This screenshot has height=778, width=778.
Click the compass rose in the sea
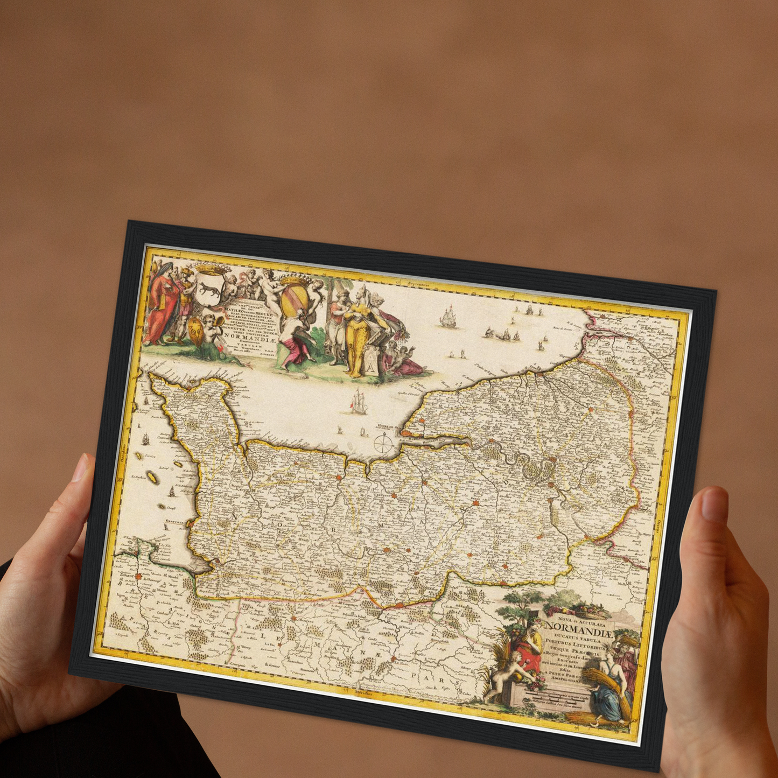(383, 444)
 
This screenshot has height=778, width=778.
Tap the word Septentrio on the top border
(421, 283)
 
